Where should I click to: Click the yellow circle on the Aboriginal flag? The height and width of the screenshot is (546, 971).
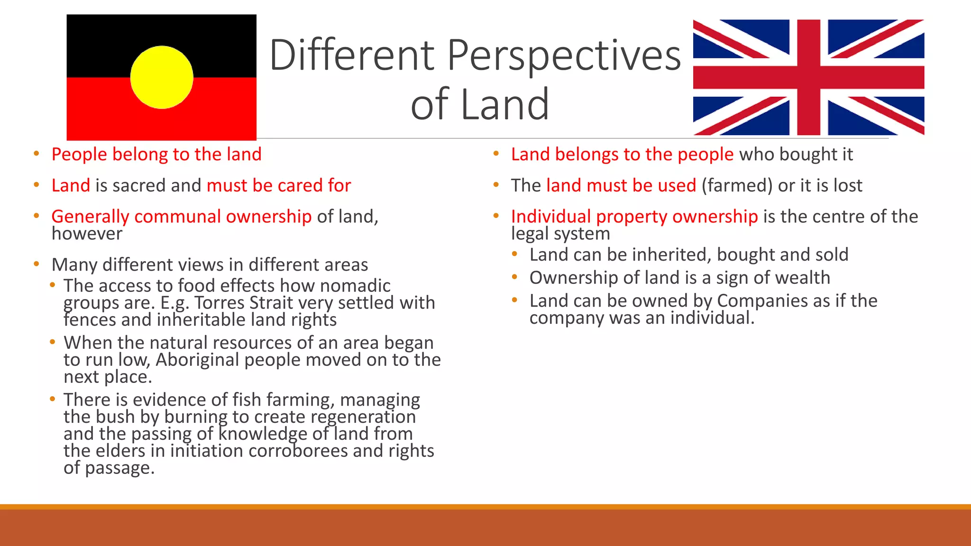click(162, 77)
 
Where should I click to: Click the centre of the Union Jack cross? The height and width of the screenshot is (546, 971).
click(808, 77)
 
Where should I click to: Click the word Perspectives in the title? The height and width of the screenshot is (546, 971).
click(564, 55)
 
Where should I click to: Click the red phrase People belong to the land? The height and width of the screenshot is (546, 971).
click(156, 155)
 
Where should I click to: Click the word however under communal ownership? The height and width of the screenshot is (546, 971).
click(87, 234)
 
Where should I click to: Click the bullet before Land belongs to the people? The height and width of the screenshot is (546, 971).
click(496, 154)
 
